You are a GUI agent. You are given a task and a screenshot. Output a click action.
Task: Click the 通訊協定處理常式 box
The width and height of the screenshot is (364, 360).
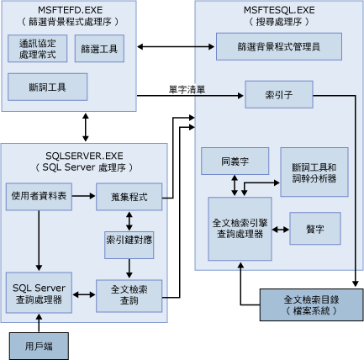pos(38,49)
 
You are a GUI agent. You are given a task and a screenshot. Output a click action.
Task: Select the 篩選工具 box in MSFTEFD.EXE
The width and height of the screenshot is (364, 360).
pos(100,49)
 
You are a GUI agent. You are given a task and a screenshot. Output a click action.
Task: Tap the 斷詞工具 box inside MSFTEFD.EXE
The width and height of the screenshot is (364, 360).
pos(47,86)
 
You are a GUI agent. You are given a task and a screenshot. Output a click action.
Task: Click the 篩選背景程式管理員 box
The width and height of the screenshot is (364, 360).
pos(278,46)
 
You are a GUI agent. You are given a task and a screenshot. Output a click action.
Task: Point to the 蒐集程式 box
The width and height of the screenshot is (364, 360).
pos(129,196)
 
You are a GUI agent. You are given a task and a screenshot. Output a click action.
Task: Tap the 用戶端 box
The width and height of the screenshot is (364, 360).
pos(36,345)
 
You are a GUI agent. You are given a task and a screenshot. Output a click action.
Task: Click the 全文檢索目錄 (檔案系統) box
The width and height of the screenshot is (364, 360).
pos(311,304)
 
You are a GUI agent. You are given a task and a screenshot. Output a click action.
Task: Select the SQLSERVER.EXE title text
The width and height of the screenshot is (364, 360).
pos(83,156)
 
